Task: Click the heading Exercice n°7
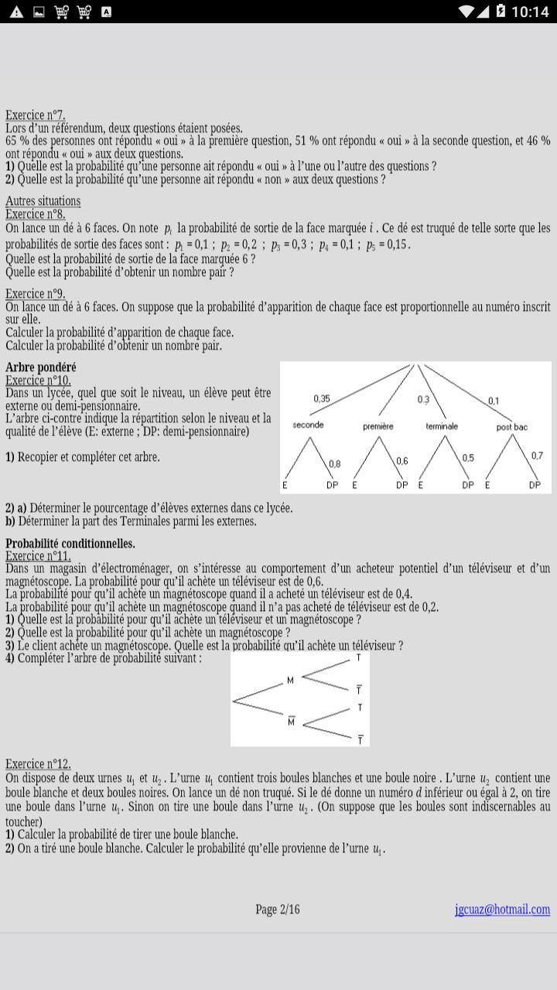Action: pyautogui.click(x=36, y=116)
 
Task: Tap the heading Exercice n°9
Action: pyautogui.click(x=36, y=294)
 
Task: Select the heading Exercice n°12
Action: pyautogui.click(x=38, y=763)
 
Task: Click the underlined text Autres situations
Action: pyautogui.click(x=43, y=201)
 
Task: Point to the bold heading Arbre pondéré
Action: pyautogui.click(x=41, y=367)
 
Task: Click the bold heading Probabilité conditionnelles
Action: pyautogui.click(x=70, y=544)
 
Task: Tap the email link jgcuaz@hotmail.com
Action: pyautogui.click(x=502, y=910)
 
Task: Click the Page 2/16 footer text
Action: pyautogui.click(x=278, y=910)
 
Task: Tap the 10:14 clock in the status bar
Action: pyautogui.click(x=531, y=12)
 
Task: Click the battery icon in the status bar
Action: pyautogui.click(x=501, y=11)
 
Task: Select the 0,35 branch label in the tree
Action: pyautogui.click(x=322, y=398)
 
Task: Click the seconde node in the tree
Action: pyautogui.click(x=308, y=425)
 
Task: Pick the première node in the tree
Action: pyautogui.click(x=378, y=426)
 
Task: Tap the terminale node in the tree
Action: pyautogui.click(x=442, y=426)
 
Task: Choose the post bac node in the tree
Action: pyautogui.click(x=512, y=427)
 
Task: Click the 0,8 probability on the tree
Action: pyautogui.click(x=334, y=464)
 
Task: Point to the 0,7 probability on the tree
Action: pyautogui.click(x=537, y=456)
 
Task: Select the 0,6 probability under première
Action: pyautogui.click(x=402, y=461)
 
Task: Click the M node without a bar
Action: pyautogui.click(x=290, y=681)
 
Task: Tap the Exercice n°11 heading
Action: pyautogui.click(x=38, y=556)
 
